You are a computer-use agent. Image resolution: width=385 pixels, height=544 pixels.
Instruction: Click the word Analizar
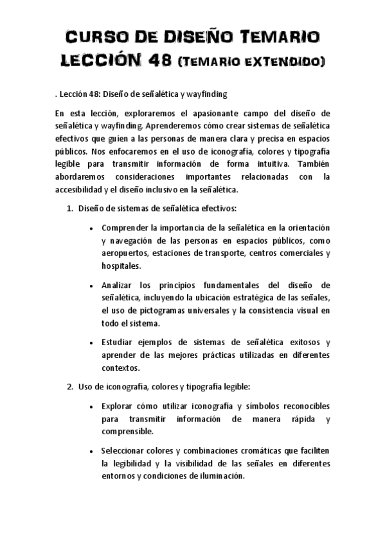pyautogui.click(x=118, y=285)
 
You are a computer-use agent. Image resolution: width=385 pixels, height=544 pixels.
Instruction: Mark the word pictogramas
pyautogui.click(x=167, y=310)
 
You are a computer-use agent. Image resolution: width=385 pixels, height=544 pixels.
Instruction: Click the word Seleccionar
pyautogui.click(x=125, y=450)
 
